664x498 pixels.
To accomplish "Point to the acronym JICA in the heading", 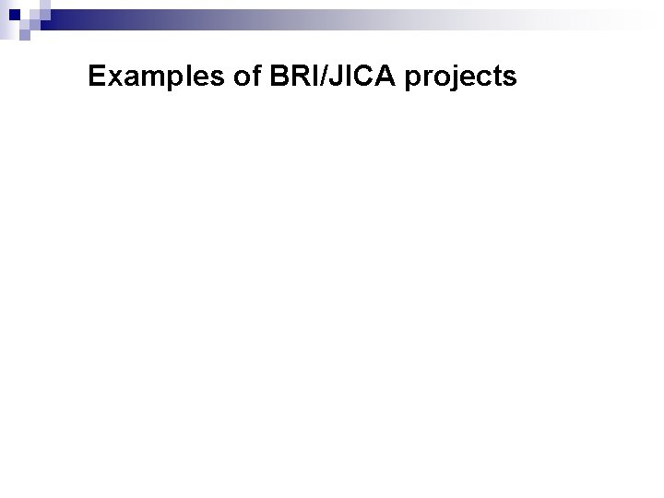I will [x=352, y=77].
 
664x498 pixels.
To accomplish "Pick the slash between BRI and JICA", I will [x=315, y=77].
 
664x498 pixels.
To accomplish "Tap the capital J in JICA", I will [x=326, y=77].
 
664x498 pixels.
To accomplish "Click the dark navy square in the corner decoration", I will [x=16, y=14].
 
